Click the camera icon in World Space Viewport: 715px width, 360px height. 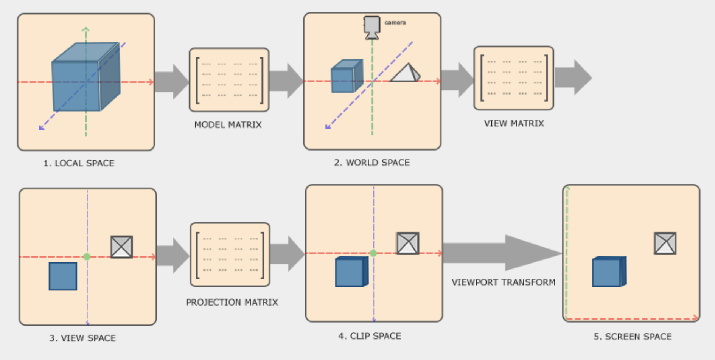pyautogui.click(x=371, y=27)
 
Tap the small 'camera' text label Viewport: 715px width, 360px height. pyautogui.click(x=395, y=23)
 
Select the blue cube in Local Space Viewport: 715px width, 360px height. pyautogui.click(x=85, y=77)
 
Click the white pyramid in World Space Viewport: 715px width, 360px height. pyautogui.click(x=405, y=73)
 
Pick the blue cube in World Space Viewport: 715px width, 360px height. pyautogui.click(x=346, y=76)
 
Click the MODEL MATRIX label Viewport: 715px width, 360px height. pyautogui.click(x=228, y=125)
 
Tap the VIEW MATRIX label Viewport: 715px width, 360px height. pyautogui.click(x=514, y=123)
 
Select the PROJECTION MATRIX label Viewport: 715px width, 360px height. pyautogui.click(x=232, y=302)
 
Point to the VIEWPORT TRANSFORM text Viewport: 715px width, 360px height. pyautogui.click(x=504, y=282)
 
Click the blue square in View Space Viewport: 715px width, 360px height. pyautogui.click(x=63, y=276)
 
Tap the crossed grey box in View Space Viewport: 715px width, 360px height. pyautogui.click(x=121, y=247)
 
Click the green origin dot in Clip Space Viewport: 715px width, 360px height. pyautogui.click(x=373, y=253)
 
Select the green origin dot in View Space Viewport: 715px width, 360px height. pyautogui.click(x=87, y=257)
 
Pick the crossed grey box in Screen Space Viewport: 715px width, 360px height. pyautogui.click(x=665, y=243)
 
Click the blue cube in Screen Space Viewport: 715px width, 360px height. pyautogui.click(x=609, y=272)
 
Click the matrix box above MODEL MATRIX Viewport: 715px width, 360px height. pyautogui.click(x=229, y=80)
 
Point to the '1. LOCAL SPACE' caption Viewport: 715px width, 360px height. pyautogui.click(x=79, y=163)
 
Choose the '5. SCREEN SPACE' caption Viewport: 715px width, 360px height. pyautogui.click(x=633, y=337)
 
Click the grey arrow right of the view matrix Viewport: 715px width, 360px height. pyautogui.click(x=573, y=77)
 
